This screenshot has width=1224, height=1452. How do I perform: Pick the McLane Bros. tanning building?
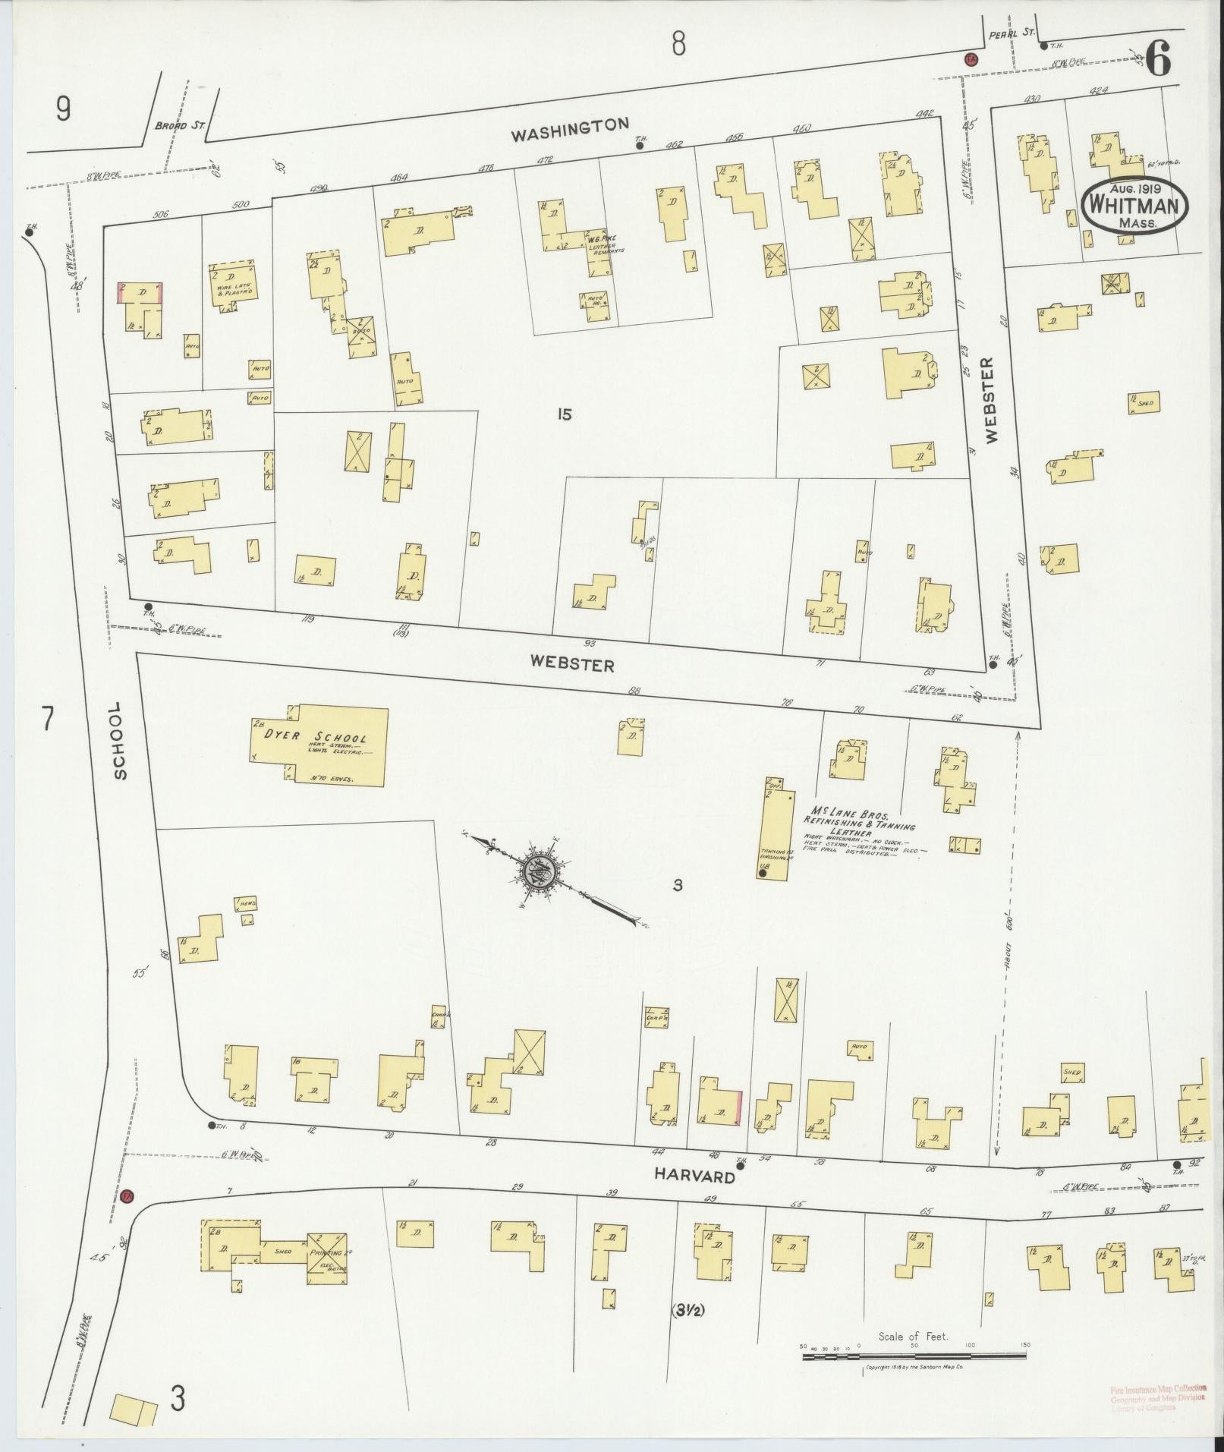pyautogui.click(x=773, y=828)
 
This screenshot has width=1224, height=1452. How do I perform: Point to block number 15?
pyautogui.click(x=562, y=414)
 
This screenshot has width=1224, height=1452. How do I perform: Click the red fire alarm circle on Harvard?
pyautogui.click(x=127, y=1196)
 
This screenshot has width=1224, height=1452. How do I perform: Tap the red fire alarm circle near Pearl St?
pyautogui.click(x=971, y=59)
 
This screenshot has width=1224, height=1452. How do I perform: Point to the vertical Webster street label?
pyautogui.click(x=993, y=400)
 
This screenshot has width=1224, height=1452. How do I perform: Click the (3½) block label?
pyautogui.click(x=688, y=1310)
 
